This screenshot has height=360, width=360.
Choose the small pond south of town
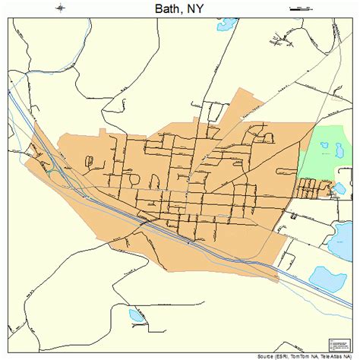[x=137, y=314]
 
